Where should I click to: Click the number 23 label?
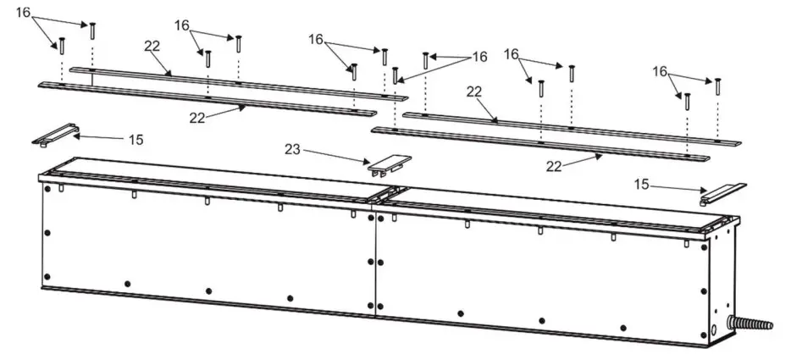click(x=292, y=149)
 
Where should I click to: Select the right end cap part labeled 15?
click(x=722, y=192)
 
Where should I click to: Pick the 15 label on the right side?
click(x=642, y=182)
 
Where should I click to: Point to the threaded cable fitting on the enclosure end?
click(x=754, y=324)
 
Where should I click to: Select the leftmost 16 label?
click(x=24, y=13)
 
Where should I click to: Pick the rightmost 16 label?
click(x=660, y=72)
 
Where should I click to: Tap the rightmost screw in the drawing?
click(x=717, y=86)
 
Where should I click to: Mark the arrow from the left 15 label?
click(x=101, y=136)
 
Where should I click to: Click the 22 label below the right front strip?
click(x=554, y=167)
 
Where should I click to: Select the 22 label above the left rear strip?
click(x=152, y=46)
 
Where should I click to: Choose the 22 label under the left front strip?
click(x=197, y=118)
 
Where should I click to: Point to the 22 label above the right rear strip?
click(x=474, y=91)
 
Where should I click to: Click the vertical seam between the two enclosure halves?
click(x=374, y=263)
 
